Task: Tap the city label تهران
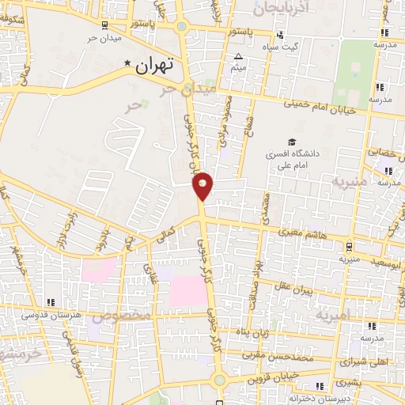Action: [153, 66]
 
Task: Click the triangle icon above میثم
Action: [239, 55]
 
